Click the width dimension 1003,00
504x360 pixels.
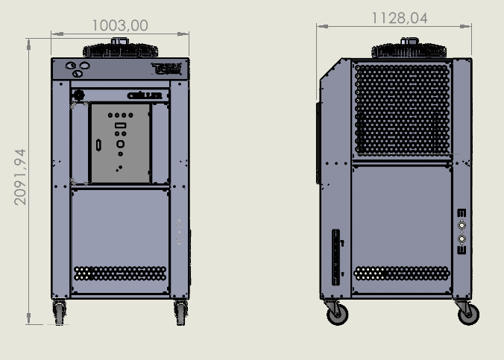pos(119,25)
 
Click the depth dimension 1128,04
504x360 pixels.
pos(394,18)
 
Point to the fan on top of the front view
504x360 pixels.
pos(120,49)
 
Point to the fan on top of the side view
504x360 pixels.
pos(409,49)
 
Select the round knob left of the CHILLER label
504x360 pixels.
pos(79,95)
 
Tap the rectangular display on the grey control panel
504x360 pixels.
pos(120,127)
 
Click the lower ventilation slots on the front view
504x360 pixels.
pos(120,274)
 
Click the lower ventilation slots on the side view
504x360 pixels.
pos(401,274)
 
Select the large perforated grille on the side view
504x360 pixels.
pos(402,108)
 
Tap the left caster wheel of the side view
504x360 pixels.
pos(338,314)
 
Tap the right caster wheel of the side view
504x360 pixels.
pos(467,314)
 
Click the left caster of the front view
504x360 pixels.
pos(59,312)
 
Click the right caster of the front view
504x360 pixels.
pos(180,312)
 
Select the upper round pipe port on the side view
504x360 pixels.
pos(462,224)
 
